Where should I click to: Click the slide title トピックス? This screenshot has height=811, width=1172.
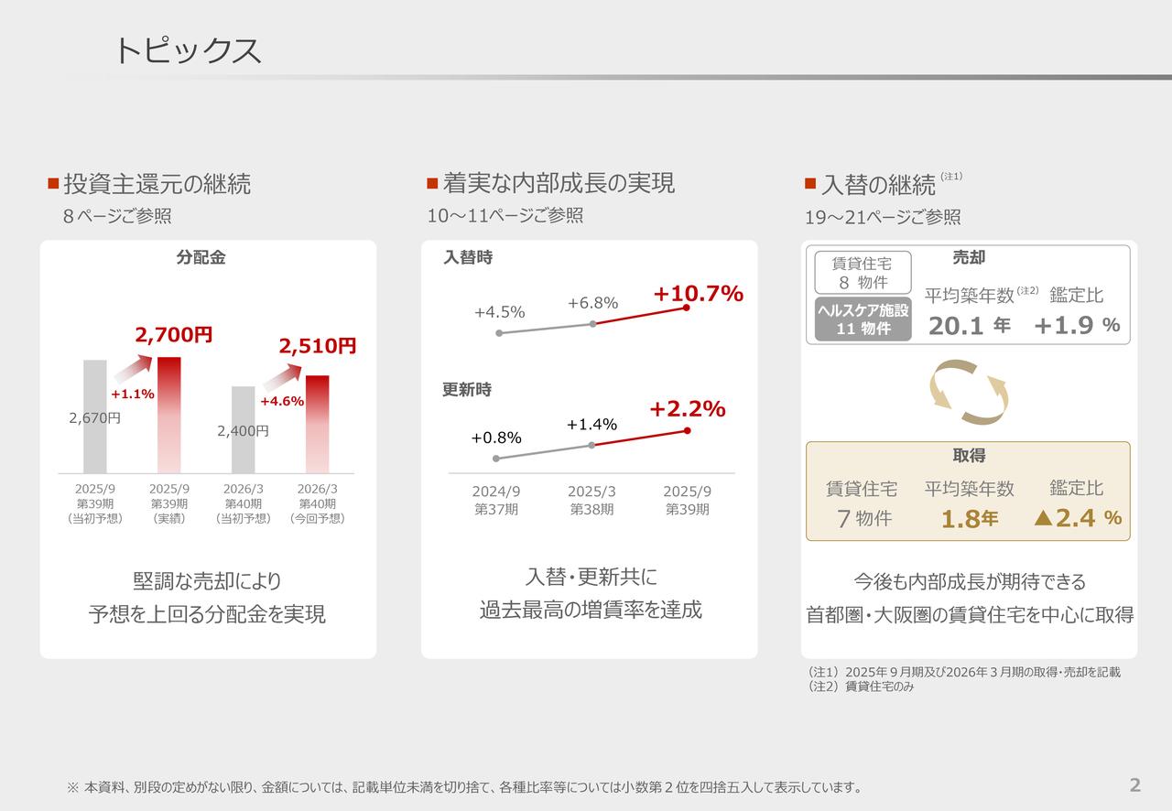pos(188,50)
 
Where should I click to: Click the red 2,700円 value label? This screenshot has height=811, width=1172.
pos(174,335)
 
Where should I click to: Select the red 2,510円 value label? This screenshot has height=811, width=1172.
pos(318,346)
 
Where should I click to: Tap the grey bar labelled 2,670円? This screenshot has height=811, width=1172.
pos(95,416)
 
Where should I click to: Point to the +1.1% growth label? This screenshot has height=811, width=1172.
pos(132,395)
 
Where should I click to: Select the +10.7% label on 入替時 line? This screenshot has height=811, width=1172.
pos(698,294)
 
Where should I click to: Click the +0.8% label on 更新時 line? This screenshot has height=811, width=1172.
pos(496,438)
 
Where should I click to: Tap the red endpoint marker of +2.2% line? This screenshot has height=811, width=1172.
pos(687,430)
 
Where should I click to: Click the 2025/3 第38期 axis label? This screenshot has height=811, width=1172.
pos(591,501)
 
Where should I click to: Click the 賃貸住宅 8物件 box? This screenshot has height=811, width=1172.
pos(863,273)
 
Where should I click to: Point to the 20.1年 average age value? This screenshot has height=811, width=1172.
pos(969,326)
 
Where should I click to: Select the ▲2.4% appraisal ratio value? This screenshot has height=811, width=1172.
pos(1077,519)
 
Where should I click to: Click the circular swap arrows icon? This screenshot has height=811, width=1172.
pos(969,392)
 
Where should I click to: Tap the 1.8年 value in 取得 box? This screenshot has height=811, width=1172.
pos(969,520)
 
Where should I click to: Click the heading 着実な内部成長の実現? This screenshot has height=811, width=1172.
pos(559,183)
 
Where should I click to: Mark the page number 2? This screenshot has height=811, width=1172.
pos(1135,784)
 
